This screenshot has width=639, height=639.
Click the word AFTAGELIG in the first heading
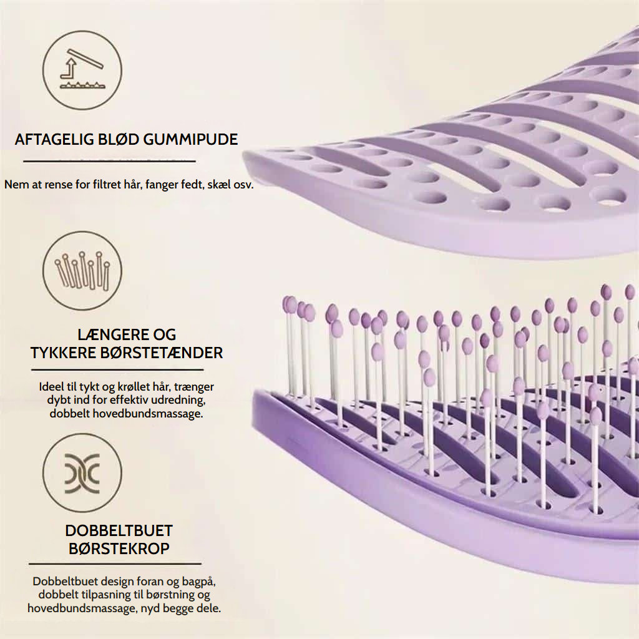pos(54,139)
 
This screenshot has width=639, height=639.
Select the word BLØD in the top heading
pos(119,139)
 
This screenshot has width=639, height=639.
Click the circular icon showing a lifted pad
pos(82,70)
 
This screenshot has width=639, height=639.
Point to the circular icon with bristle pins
pos(82,271)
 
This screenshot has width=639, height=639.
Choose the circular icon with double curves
pos(82,473)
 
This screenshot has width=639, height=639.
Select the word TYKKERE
pos(63,353)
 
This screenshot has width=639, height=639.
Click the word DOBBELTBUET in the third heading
pos(119,530)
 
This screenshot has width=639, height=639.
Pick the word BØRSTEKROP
pos(119,549)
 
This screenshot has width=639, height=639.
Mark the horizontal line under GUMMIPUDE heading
pos(110,162)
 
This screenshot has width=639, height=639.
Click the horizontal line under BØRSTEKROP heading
pos(115,564)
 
